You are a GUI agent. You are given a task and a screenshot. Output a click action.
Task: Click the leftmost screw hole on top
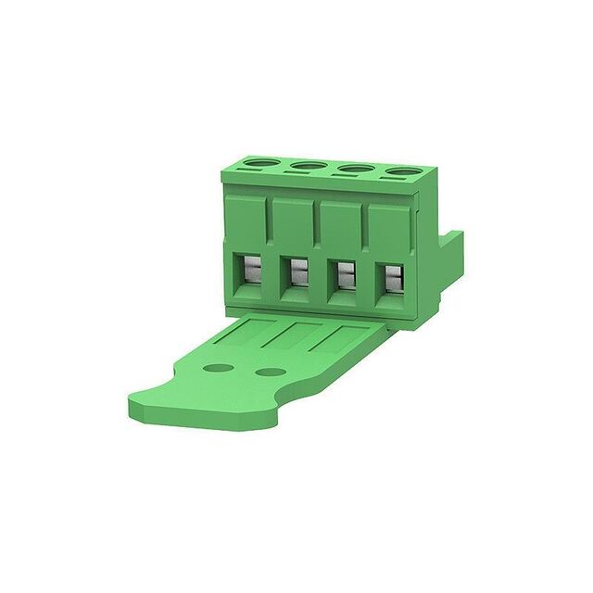coord(256,168)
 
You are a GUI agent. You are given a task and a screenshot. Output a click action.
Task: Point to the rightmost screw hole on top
coord(401,172)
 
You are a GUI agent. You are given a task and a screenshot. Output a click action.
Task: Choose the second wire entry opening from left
coord(297,273)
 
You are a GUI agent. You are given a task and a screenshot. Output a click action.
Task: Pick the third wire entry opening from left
coord(344,275)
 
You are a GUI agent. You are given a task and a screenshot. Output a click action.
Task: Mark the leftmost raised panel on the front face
coord(246,222)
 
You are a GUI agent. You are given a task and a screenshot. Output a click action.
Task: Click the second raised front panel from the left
coord(295,224)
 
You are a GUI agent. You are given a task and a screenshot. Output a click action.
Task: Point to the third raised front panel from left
coord(342,227)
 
